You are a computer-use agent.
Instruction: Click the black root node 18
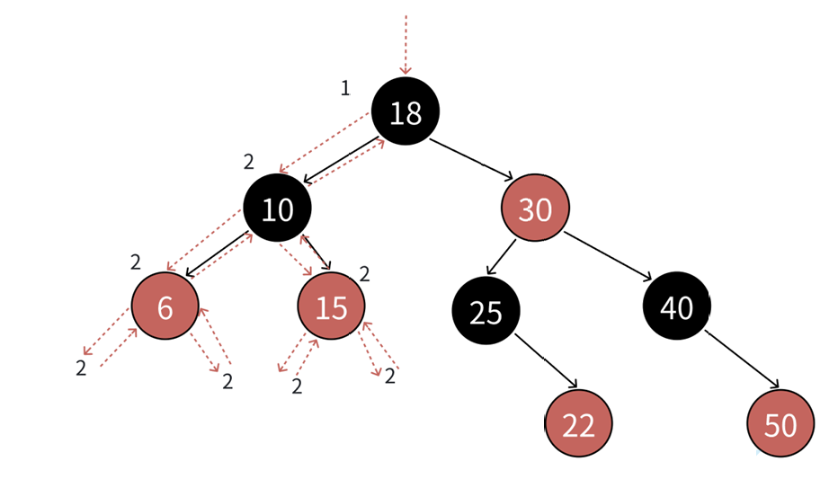pyautogui.click(x=405, y=111)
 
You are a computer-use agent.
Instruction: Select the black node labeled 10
pyautogui.click(x=277, y=209)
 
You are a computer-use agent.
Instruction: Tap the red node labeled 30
pyautogui.click(x=536, y=209)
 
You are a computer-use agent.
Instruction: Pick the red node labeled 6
pyautogui.click(x=165, y=306)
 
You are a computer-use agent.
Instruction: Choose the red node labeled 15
pyautogui.click(x=331, y=306)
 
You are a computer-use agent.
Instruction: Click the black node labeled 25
pyautogui.click(x=486, y=310)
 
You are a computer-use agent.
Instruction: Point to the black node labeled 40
pyautogui.click(x=676, y=306)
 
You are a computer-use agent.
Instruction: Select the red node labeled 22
pyautogui.click(x=578, y=424)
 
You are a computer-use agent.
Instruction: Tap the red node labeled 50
pyautogui.click(x=780, y=424)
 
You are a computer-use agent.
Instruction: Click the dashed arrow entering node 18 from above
pyautogui.click(x=406, y=45)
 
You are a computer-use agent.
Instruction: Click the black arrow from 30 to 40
pyautogui.click(x=609, y=257)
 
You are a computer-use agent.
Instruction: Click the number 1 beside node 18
pyautogui.click(x=344, y=88)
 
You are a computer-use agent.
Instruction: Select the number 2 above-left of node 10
pyautogui.click(x=249, y=163)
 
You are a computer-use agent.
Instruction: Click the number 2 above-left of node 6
pyautogui.click(x=136, y=262)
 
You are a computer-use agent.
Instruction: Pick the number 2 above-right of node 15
pyautogui.click(x=364, y=274)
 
